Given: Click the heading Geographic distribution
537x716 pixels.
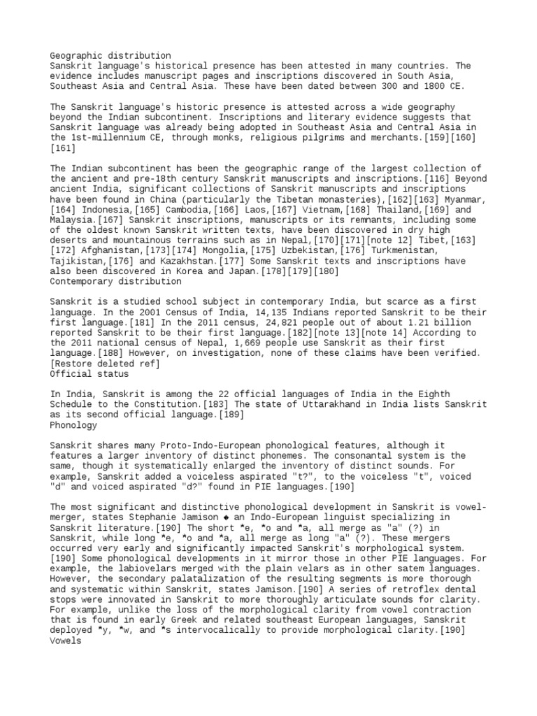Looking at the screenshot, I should [x=110, y=55].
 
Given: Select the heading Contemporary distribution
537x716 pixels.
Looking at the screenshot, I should [x=115, y=282].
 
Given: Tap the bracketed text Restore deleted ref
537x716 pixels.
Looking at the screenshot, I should [x=105, y=364].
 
